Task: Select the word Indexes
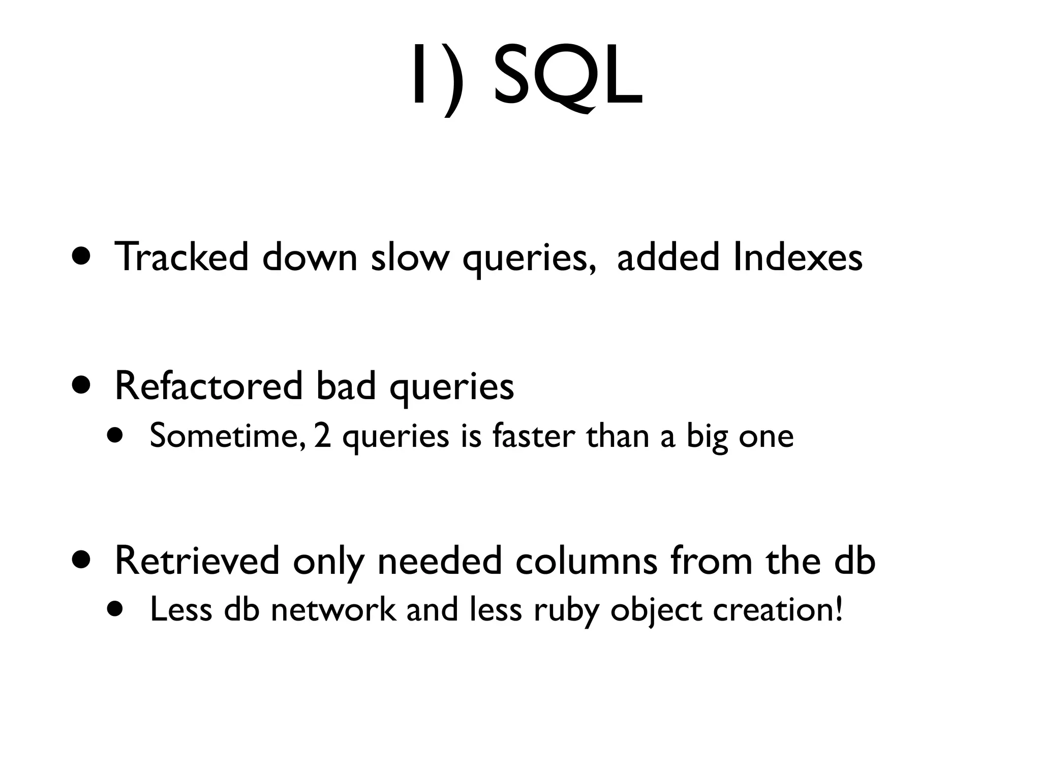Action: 798,257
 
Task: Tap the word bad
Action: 346,386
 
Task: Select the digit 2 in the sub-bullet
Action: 322,436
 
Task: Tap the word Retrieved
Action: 197,561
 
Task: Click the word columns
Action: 587,561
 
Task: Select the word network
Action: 333,609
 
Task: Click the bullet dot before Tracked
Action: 81,257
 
